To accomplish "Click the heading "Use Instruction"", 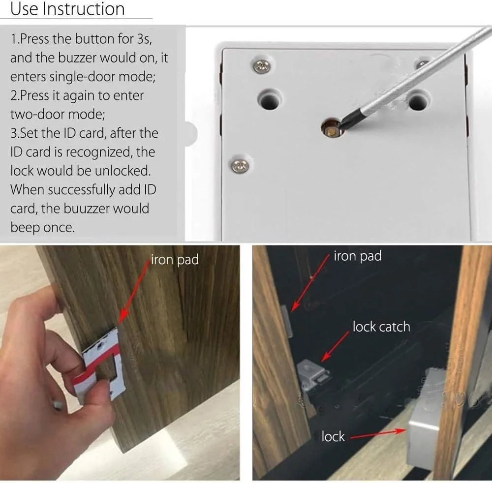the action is [x=67, y=8].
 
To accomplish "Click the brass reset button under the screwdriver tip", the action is [x=331, y=129].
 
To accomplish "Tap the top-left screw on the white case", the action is [x=262, y=66].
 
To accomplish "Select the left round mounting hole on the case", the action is [x=270, y=100].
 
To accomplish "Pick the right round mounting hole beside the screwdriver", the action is [x=418, y=100].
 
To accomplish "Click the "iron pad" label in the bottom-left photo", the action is [x=175, y=260].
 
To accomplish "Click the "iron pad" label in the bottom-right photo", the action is [x=357, y=256].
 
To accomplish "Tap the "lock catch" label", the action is [x=381, y=327].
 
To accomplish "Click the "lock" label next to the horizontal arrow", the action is [x=333, y=437].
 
